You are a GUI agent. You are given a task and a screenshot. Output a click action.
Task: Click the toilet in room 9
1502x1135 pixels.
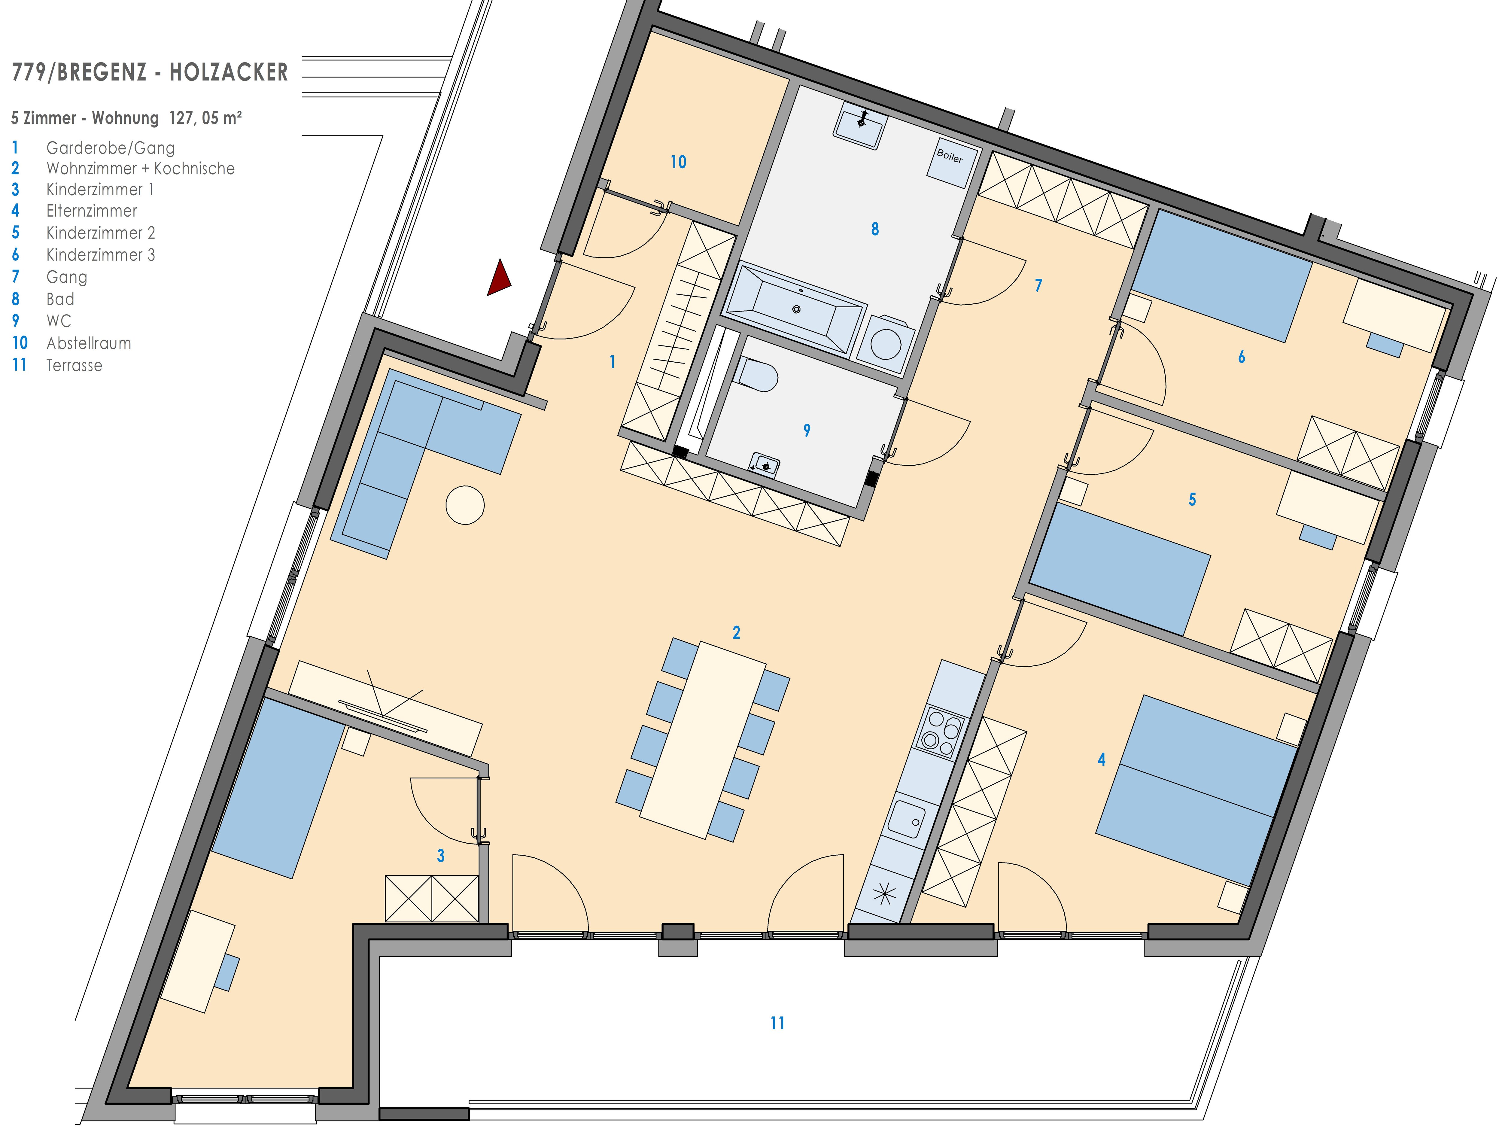757,374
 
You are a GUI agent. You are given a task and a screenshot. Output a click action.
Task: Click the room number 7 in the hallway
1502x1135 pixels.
1038,285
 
